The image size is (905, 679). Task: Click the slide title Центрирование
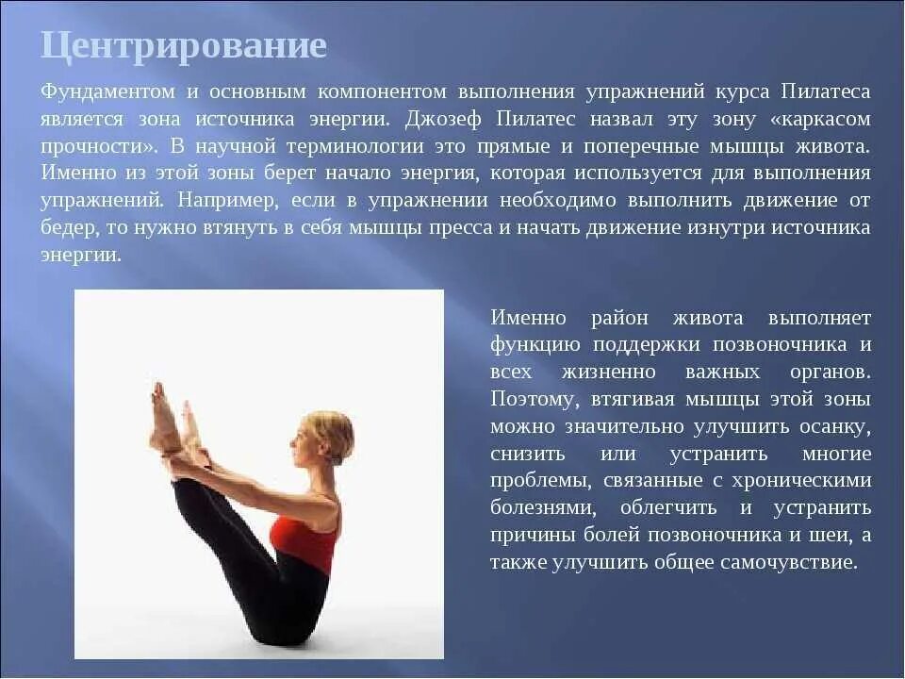tap(184, 45)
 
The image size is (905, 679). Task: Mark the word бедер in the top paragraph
tap(67, 228)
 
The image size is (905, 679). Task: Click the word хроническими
tap(811, 481)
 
